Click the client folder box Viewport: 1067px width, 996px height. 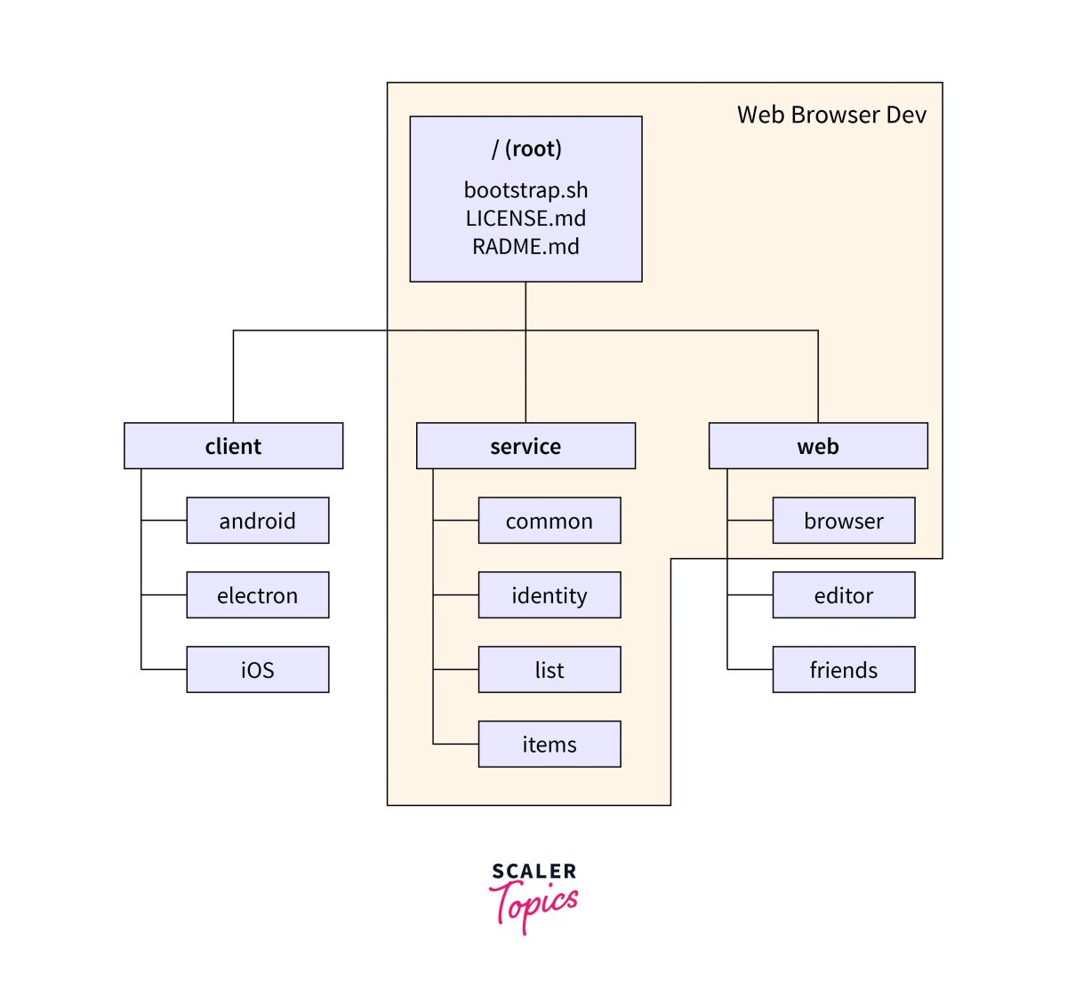pos(233,446)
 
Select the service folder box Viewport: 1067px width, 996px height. pos(525,446)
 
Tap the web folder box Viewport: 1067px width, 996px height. pos(818,446)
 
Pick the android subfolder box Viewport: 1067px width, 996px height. pos(257,521)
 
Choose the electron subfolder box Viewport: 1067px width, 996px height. pos(257,595)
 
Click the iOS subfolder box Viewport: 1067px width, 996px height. pos(257,670)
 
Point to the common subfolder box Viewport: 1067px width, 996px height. pos(550,521)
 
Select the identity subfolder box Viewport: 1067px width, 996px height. pos(550,595)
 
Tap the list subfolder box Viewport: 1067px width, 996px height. pos(550,670)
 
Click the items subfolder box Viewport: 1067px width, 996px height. pos(550,745)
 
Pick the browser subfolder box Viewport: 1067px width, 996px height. pos(844,521)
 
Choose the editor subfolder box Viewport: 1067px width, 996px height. pos(844,595)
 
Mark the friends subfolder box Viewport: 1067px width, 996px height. pos(844,670)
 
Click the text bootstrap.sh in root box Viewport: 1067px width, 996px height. pos(525,190)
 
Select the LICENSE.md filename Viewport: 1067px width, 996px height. pos(525,219)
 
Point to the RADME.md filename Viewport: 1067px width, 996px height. pos(525,246)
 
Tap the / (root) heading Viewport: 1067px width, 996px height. pos(526,148)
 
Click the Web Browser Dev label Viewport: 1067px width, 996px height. pos(831,115)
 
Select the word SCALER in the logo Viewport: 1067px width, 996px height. pos(533,872)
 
